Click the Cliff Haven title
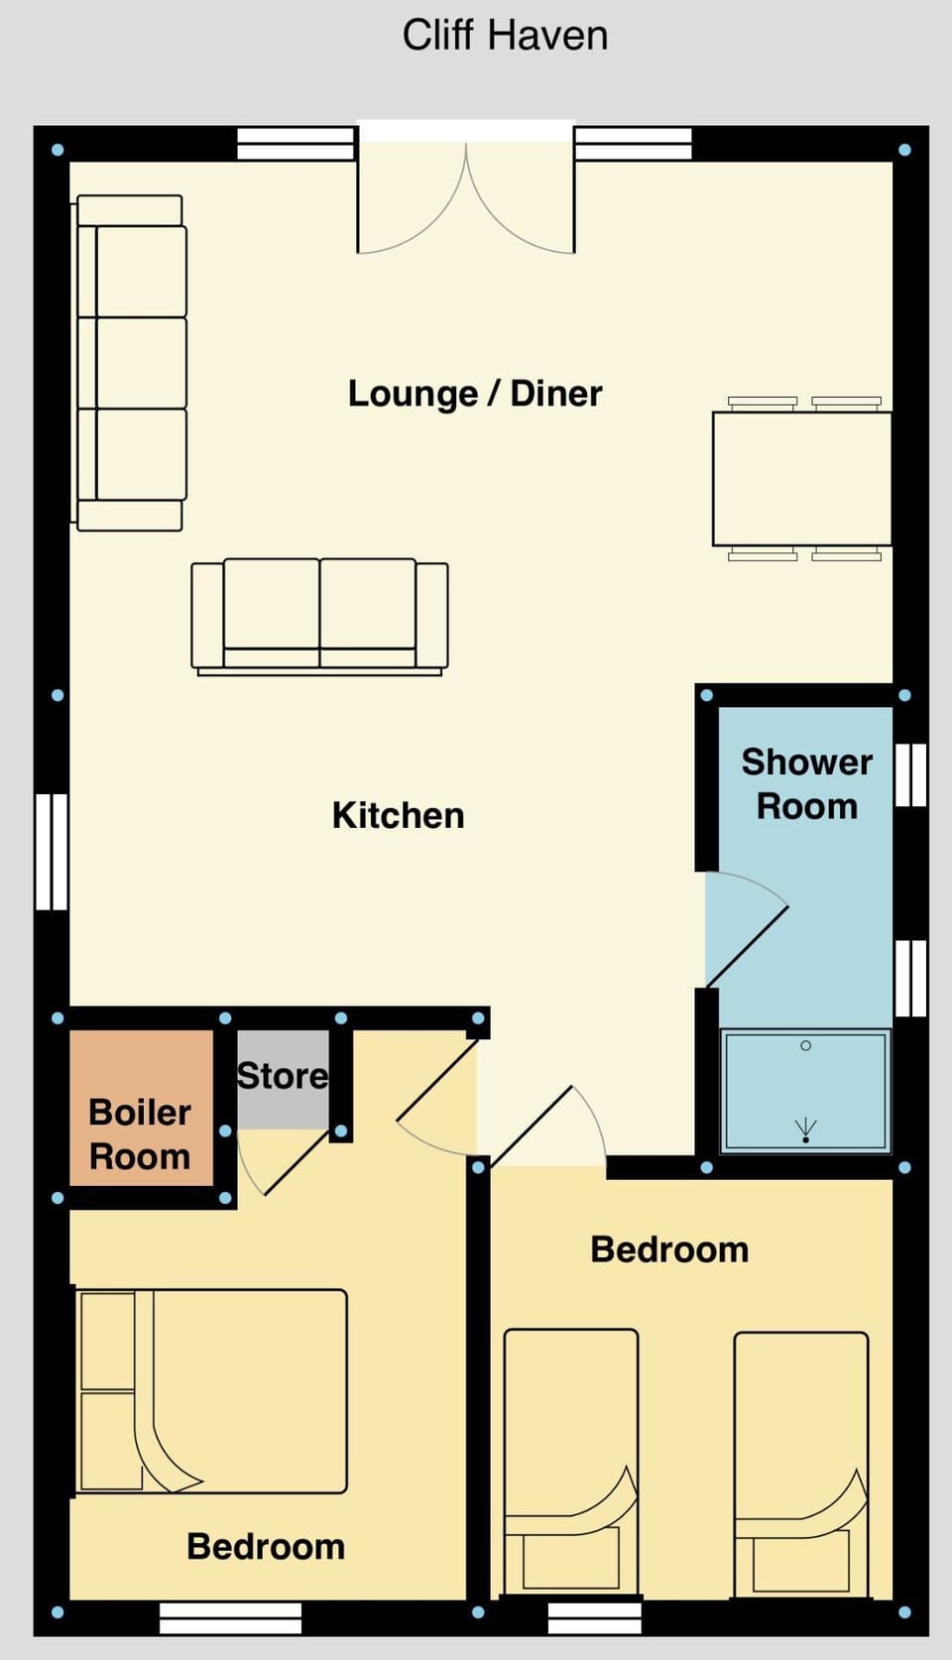(x=505, y=36)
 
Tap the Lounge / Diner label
(x=474, y=394)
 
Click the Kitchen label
(x=398, y=815)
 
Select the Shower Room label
(x=806, y=783)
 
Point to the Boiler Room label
(x=140, y=1134)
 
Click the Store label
(x=282, y=1076)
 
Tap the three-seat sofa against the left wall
(x=132, y=363)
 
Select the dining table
(x=801, y=479)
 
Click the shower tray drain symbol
(x=805, y=1130)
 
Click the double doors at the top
(x=466, y=198)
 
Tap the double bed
(x=211, y=1390)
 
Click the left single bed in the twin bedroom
(x=570, y=1462)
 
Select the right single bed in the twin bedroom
(x=800, y=1464)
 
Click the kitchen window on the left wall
(x=52, y=851)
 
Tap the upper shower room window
(x=910, y=774)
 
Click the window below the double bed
(x=230, y=1618)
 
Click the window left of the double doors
(x=296, y=145)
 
